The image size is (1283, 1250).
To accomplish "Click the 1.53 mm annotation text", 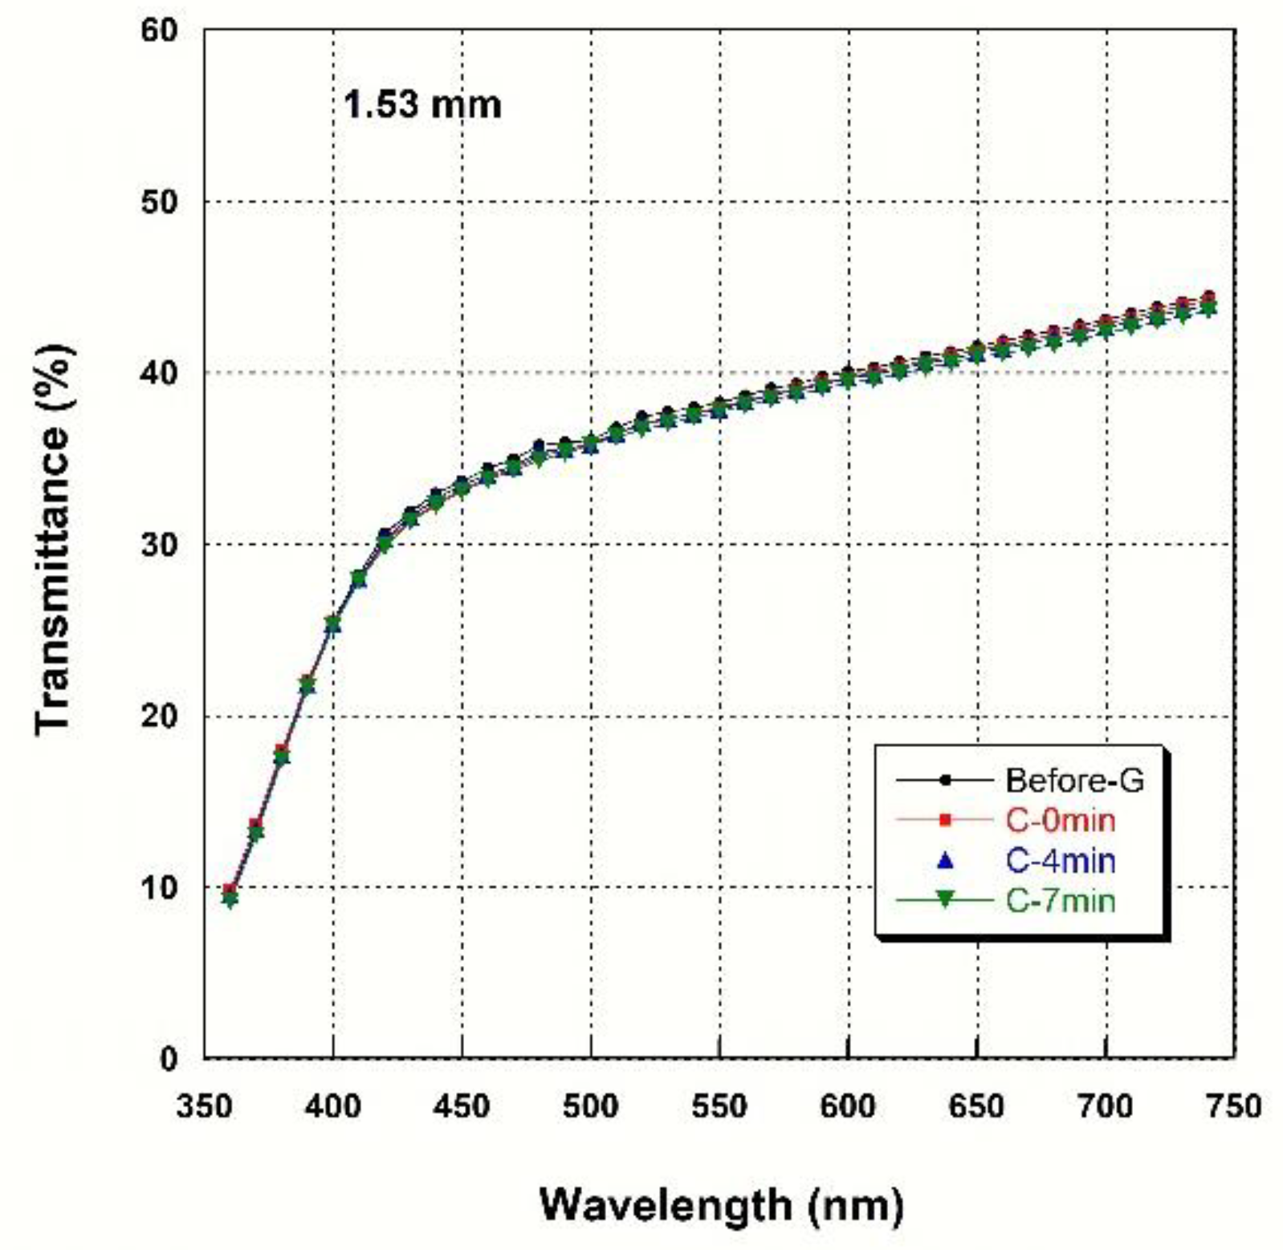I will pyautogui.click(x=422, y=106).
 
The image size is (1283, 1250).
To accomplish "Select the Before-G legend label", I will pyautogui.click(x=1074, y=781).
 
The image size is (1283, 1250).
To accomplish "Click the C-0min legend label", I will pyautogui.click(x=1060, y=820).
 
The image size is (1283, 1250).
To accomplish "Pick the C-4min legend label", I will pyautogui.click(x=1060, y=861).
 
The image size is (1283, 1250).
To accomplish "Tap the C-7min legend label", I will pyautogui.click(x=1060, y=901).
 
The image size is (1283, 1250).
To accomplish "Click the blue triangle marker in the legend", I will pyautogui.click(x=944, y=861).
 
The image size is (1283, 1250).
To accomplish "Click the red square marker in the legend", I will pyautogui.click(x=944, y=820).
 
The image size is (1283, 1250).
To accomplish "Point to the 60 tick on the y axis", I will pyautogui.click(x=159, y=30).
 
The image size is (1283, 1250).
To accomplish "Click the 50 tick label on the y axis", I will pyautogui.click(x=159, y=201).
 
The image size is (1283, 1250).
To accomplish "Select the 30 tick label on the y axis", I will pyautogui.click(x=159, y=545).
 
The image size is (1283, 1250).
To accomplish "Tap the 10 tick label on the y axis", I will pyautogui.click(x=159, y=887).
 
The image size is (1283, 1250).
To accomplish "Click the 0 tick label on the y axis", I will pyautogui.click(x=169, y=1059).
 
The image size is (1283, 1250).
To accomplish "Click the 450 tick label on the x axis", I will pyautogui.click(x=462, y=1106).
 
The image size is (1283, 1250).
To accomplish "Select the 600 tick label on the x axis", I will pyautogui.click(x=848, y=1106).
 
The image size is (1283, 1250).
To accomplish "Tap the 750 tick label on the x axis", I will pyautogui.click(x=1233, y=1106).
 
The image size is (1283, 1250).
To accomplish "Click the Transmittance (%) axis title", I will pyautogui.click(x=55, y=538).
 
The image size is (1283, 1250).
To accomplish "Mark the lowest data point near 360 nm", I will pyautogui.click(x=230, y=899).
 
